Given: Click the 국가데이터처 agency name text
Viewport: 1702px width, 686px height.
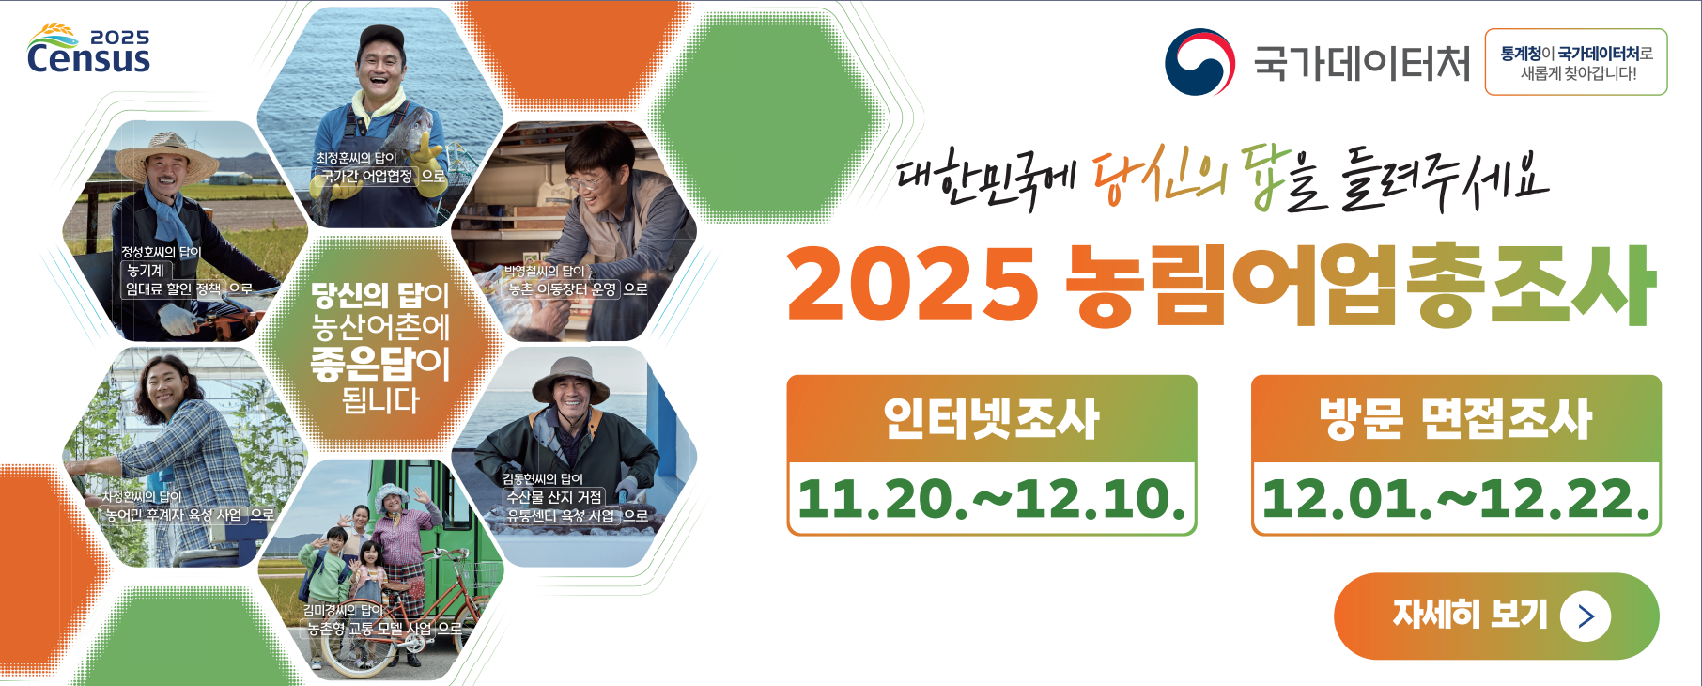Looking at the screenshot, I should click(x=1362, y=63).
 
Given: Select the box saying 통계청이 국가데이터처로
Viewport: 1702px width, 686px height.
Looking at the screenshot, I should click(x=1575, y=62).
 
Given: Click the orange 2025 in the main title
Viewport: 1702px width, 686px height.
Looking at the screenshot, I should click(x=912, y=285).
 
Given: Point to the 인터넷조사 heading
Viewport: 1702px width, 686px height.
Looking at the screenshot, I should click(x=991, y=418).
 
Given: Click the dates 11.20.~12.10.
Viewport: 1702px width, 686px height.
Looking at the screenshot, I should click(x=991, y=498).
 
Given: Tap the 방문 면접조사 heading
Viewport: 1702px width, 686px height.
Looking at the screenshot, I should click(x=1455, y=418).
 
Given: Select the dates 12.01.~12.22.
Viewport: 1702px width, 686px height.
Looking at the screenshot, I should click(x=1455, y=498).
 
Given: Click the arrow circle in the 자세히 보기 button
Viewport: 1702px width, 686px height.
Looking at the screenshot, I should click(x=1586, y=616).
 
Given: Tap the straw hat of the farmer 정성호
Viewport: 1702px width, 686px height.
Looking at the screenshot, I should click(x=166, y=157).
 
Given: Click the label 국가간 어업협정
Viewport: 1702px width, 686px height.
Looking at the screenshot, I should click(x=366, y=176).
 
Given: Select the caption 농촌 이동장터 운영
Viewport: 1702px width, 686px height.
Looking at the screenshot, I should click(x=563, y=288).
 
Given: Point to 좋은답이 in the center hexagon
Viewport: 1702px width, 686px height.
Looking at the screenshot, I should click(x=379, y=364).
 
